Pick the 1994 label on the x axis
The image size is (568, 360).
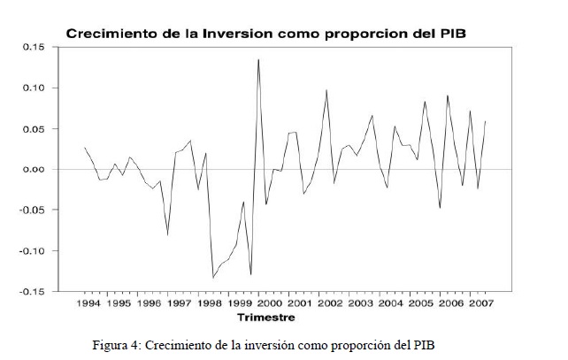pyautogui.click(x=88, y=303)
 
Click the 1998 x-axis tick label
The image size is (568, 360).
pyautogui.click(x=210, y=303)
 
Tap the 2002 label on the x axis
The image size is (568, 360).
pyautogui.click(x=330, y=303)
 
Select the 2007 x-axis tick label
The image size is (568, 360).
pyautogui.click(x=480, y=303)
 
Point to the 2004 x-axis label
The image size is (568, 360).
pyautogui.click(x=390, y=303)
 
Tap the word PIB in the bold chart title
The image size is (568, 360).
pyautogui.click(x=451, y=34)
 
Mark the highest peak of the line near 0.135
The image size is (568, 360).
pyautogui.click(x=258, y=59)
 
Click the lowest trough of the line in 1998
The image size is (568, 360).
pyautogui.click(x=213, y=278)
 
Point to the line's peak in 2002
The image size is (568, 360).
pyautogui.click(x=326, y=90)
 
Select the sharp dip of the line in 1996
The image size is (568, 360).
pyautogui.click(x=167, y=234)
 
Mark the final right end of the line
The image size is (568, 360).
pyautogui.click(x=486, y=121)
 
